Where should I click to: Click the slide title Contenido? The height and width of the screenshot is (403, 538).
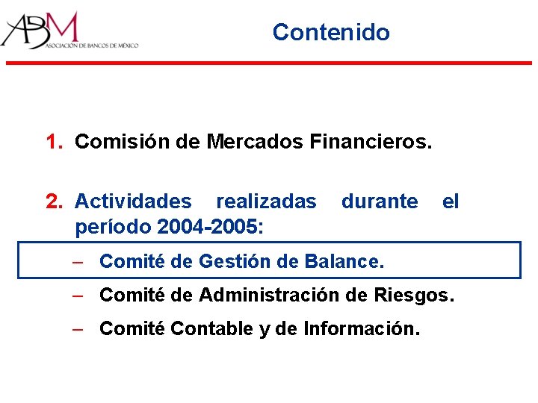point(331,32)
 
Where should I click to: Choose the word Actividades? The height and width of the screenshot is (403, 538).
point(133,201)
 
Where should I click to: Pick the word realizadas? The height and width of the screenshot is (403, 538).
point(266,201)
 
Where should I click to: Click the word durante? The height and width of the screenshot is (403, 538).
point(380,201)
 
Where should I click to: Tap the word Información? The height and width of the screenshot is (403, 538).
point(361,328)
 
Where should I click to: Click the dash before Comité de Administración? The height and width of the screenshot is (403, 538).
point(77,295)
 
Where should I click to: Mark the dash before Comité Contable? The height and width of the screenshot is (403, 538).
point(77,328)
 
